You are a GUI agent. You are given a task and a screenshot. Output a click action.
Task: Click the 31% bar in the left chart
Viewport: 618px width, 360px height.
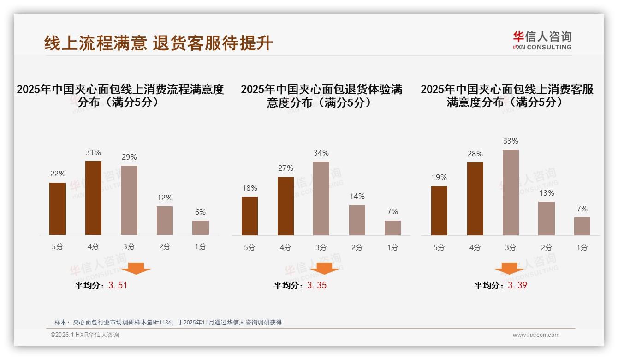pyautogui.click(x=93, y=198)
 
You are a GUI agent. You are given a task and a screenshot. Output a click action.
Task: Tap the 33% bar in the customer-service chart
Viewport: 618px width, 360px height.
pyautogui.click(x=511, y=192)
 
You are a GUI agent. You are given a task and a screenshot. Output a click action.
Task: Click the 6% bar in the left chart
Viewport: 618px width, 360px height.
pyautogui.click(x=201, y=228)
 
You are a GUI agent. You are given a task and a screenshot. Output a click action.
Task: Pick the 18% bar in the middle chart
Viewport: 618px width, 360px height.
pyautogui.click(x=250, y=216)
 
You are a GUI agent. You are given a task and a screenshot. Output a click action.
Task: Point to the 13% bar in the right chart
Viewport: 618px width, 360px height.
pyautogui.click(x=547, y=218)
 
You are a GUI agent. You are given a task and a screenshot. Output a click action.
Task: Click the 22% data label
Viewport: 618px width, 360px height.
pyautogui.click(x=58, y=174)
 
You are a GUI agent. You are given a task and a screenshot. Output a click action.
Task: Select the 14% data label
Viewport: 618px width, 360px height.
pyautogui.click(x=357, y=196)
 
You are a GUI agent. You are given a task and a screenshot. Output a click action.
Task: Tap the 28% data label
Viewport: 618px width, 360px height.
pyautogui.click(x=475, y=154)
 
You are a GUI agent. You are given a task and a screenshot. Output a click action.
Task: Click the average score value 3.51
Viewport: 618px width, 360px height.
pyautogui.click(x=118, y=285)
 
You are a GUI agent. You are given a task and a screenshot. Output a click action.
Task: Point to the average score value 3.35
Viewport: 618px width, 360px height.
pyautogui.click(x=317, y=285)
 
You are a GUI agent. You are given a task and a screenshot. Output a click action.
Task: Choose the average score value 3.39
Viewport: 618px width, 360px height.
pyautogui.click(x=517, y=285)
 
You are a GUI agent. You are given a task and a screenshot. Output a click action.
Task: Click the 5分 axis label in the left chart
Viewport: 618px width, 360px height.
pyautogui.click(x=58, y=247)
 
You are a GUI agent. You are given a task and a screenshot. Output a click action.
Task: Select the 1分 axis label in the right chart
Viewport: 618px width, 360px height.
pyautogui.click(x=582, y=247)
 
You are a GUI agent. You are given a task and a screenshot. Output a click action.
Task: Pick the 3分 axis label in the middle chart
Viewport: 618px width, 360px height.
pyautogui.click(x=321, y=247)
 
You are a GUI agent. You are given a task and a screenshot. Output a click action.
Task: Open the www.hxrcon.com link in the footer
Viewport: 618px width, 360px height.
pyautogui.click(x=536, y=335)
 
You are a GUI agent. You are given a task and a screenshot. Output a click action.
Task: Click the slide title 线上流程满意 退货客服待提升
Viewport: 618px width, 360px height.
pyautogui.click(x=159, y=43)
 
